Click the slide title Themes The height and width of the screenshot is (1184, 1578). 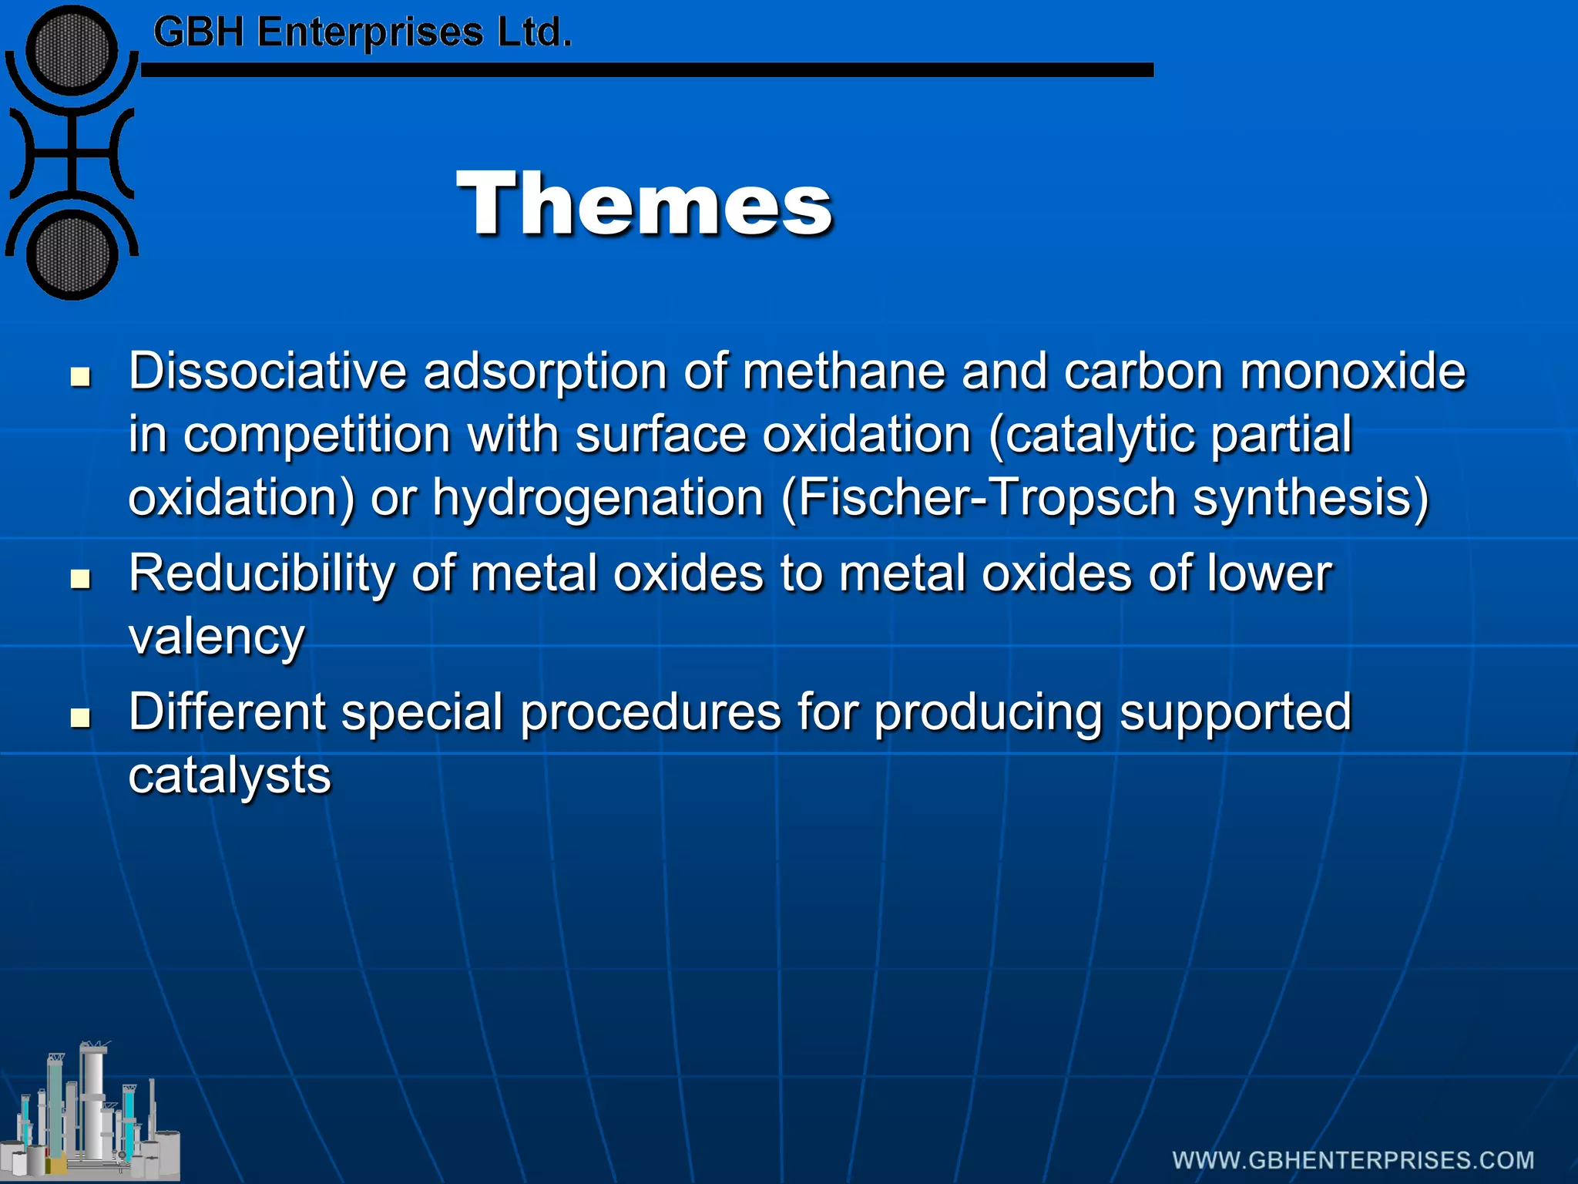pyautogui.click(x=644, y=203)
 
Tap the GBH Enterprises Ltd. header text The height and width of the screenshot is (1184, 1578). pyautogui.click(x=362, y=32)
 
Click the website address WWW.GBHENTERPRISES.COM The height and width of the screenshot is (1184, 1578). pyautogui.click(x=1353, y=1160)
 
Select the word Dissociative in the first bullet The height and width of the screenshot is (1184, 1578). pyautogui.click(x=267, y=372)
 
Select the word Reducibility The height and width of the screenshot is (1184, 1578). pyautogui.click(x=261, y=573)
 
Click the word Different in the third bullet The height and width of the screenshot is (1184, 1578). pyautogui.click(x=227, y=711)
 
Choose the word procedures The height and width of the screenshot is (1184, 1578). pyautogui.click(x=650, y=713)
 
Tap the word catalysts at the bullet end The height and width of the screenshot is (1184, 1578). pyautogui.click(x=230, y=776)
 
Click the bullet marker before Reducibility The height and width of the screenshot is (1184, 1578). pyautogui.click(x=80, y=579)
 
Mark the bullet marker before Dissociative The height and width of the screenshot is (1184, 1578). pyautogui.click(x=80, y=377)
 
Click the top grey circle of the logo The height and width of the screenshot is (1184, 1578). pyautogui.click(x=72, y=52)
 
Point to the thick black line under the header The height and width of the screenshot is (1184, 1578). pyautogui.click(x=647, y=70)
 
